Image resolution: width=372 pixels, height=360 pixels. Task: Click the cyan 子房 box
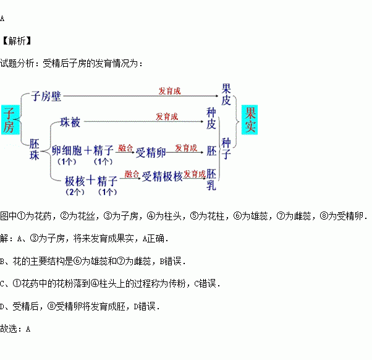(x=11, y=120)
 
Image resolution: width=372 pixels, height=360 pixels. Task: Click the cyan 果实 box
(x=250, y=119)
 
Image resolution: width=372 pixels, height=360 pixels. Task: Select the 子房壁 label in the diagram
(x=46, y=96)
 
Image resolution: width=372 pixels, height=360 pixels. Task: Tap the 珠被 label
(x=70, y=122)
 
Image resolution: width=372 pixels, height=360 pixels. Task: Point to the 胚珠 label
(x=34, y=150)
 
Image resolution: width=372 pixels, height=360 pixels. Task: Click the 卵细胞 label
(x=67, y=150)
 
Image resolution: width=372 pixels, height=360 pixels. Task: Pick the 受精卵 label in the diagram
(x=151, y=152)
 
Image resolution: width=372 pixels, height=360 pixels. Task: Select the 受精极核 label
(x=162, y=176)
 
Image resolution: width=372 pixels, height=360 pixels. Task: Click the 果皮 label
(x=226, y=95)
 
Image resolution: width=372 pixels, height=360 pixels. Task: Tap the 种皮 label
(x=211, y=118)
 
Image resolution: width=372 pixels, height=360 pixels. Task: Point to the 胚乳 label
(x=211, y=179)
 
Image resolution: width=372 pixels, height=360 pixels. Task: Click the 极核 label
(x=75, y=181)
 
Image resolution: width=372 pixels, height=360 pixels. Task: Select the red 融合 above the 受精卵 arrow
(x=125, y=148)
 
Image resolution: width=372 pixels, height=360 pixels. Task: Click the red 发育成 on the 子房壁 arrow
(x=170, y=91)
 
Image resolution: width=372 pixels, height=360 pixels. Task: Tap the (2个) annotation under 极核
(x=75, y=192)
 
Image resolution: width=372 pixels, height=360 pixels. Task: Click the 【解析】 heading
(x=17, y=41)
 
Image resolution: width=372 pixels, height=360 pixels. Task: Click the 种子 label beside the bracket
(x=226, y=148)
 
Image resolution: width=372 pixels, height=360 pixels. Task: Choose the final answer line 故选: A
(x=15, y=329)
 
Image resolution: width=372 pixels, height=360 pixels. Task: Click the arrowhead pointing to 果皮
(x=217, y=96)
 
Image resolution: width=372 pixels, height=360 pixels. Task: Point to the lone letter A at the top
(x=2, y=19)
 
